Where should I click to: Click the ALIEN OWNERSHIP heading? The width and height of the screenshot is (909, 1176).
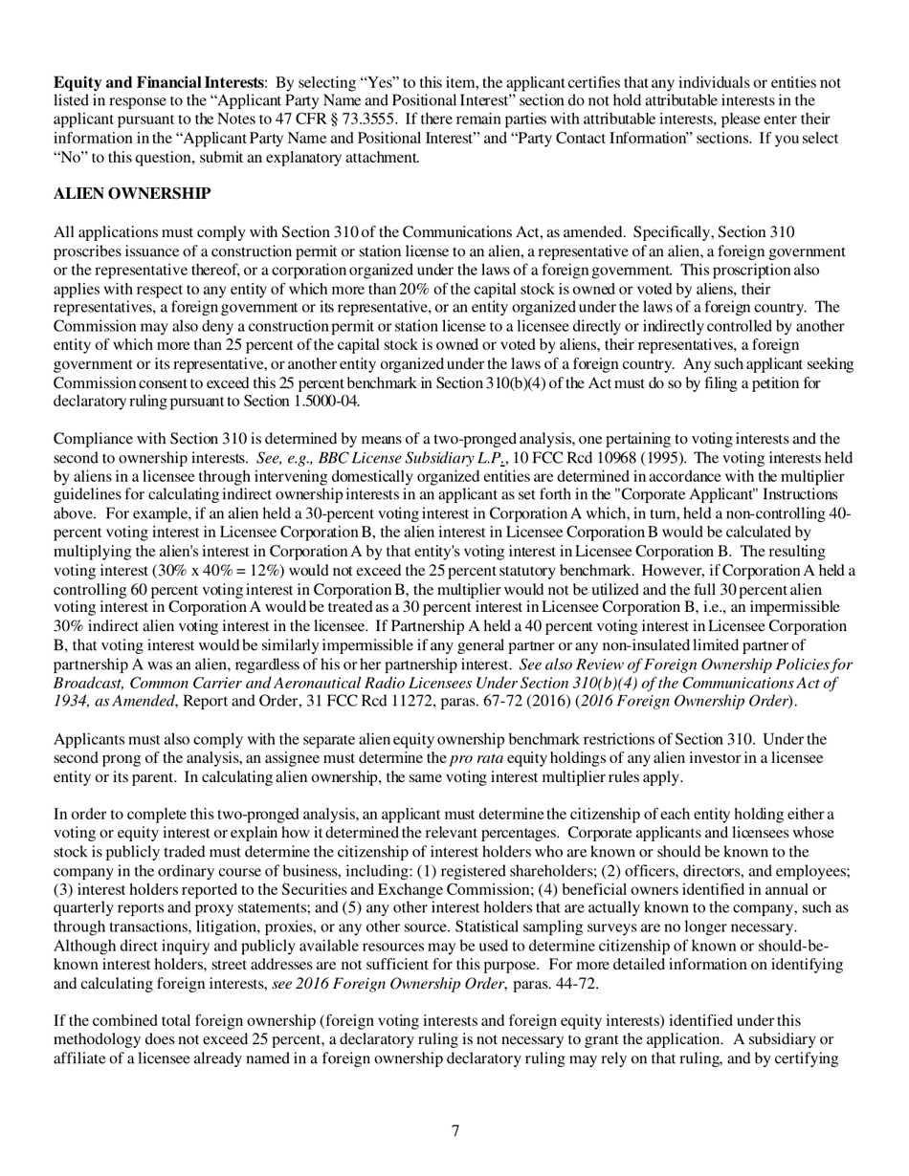[132, 194]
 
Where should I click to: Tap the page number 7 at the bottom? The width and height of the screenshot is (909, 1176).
[455, 1131]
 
